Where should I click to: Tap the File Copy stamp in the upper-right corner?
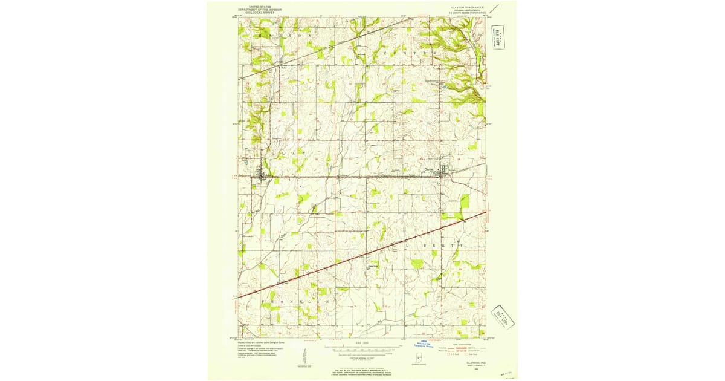(499, 38)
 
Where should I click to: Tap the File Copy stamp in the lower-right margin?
(501, 316)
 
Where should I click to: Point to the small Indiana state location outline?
(416, 358)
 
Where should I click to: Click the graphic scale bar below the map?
(362, 350)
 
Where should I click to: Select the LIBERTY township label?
(433, 246)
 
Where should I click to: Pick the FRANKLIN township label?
(296, 301)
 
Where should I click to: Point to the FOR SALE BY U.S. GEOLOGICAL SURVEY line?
(362, 370)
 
